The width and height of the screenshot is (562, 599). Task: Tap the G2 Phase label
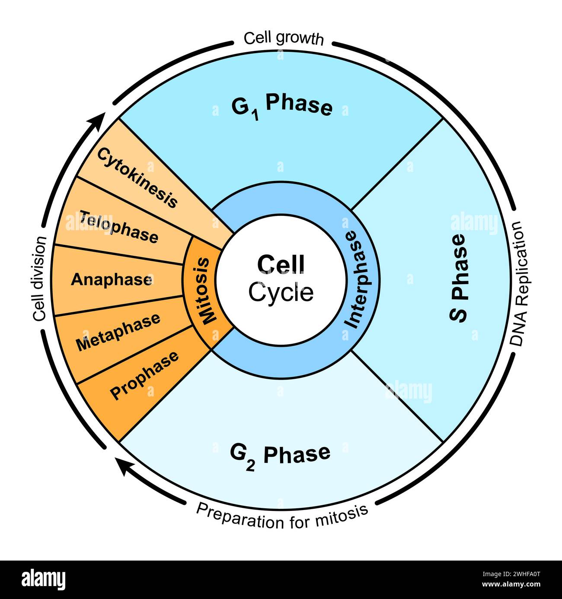(x=280, y=455)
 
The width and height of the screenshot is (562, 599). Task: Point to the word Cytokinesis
(x=137, y=177)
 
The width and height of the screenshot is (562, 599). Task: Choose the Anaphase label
(x=112, y=279)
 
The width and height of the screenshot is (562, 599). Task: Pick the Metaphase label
(x=118, y=332)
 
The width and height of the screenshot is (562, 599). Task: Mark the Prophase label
(x=144, y=375)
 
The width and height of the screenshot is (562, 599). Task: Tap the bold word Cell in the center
(x=281, y=264)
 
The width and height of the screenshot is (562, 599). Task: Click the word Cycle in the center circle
(x=281, y=292)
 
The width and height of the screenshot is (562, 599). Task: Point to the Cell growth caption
(x=283, y=38)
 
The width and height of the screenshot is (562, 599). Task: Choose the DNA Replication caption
(x=517, y=284)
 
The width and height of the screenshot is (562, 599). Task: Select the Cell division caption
(x=39, y=279)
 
